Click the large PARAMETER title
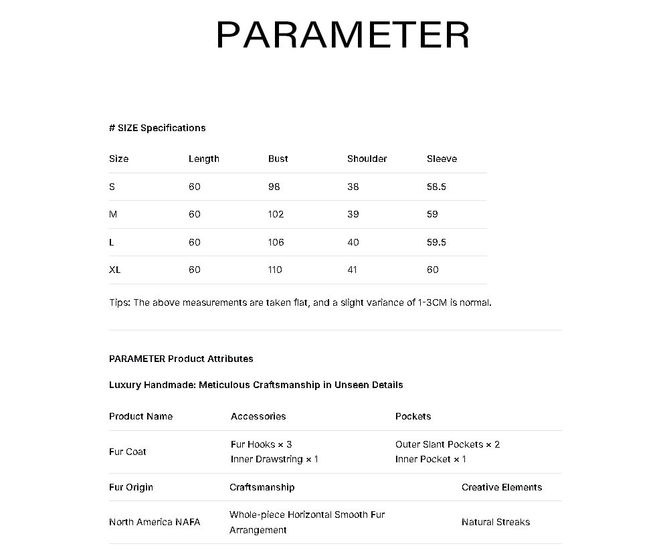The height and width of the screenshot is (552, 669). tap(343, 35)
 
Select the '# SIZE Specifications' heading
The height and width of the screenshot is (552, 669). tap(157, 128)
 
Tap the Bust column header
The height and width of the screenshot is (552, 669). tap(278, 159)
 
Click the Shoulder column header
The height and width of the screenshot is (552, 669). tap(367, 159)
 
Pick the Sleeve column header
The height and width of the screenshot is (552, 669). tap(442, 159)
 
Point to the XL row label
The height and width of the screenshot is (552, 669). tap(114, 270)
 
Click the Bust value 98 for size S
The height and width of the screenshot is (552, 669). tap(274, 187)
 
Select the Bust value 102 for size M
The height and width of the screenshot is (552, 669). tap(276, 214)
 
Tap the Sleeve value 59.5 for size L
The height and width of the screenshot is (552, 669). tap(436, 242)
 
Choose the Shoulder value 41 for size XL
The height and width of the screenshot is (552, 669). tap(352, 270)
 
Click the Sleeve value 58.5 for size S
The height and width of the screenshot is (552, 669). tap(436, 187)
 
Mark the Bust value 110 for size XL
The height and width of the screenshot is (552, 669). tap(275, 270)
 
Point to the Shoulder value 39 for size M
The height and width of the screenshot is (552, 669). tap(353, 214)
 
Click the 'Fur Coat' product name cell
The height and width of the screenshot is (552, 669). tap(127, 452)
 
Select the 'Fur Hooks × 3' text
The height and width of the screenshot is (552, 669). tap(261, 444)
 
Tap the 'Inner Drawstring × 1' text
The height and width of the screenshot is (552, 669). tap(274, 459)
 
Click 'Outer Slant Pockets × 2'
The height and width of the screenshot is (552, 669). tap(448, 444)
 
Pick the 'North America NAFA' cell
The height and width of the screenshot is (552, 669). tap(155, 522)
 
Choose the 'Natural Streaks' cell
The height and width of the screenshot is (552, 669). tap(496, 522)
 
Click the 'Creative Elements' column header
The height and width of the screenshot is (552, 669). tap(502, 487)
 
